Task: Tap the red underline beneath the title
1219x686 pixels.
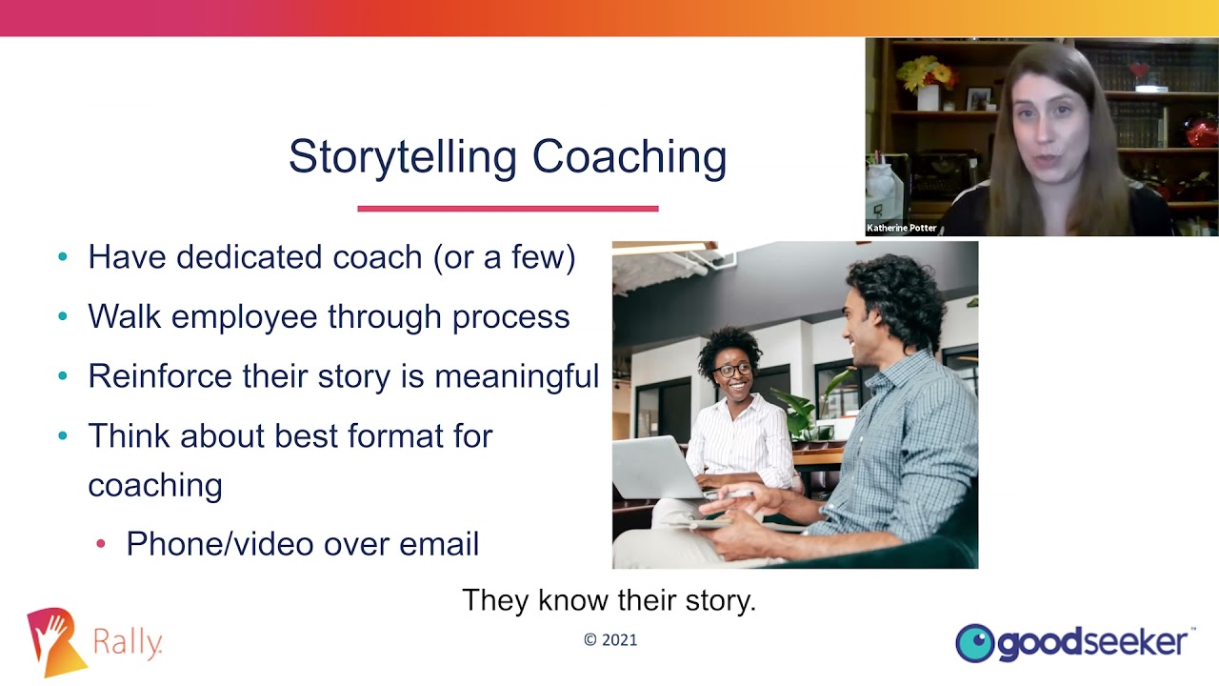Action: [x=508, y=208]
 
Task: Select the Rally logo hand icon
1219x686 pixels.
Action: [x=55, y=641]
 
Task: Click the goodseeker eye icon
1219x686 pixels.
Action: [x=974, y=643]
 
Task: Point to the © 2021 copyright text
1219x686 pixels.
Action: [x=610, y=640]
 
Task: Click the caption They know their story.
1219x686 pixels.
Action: [x=609, y=600]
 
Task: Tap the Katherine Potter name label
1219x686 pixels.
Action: [x=902, y=228]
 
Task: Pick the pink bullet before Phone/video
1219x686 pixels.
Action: [x=101, y=544]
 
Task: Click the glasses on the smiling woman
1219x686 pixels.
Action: [x=733, y=371]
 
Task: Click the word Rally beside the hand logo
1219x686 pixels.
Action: [x=128, y=643]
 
